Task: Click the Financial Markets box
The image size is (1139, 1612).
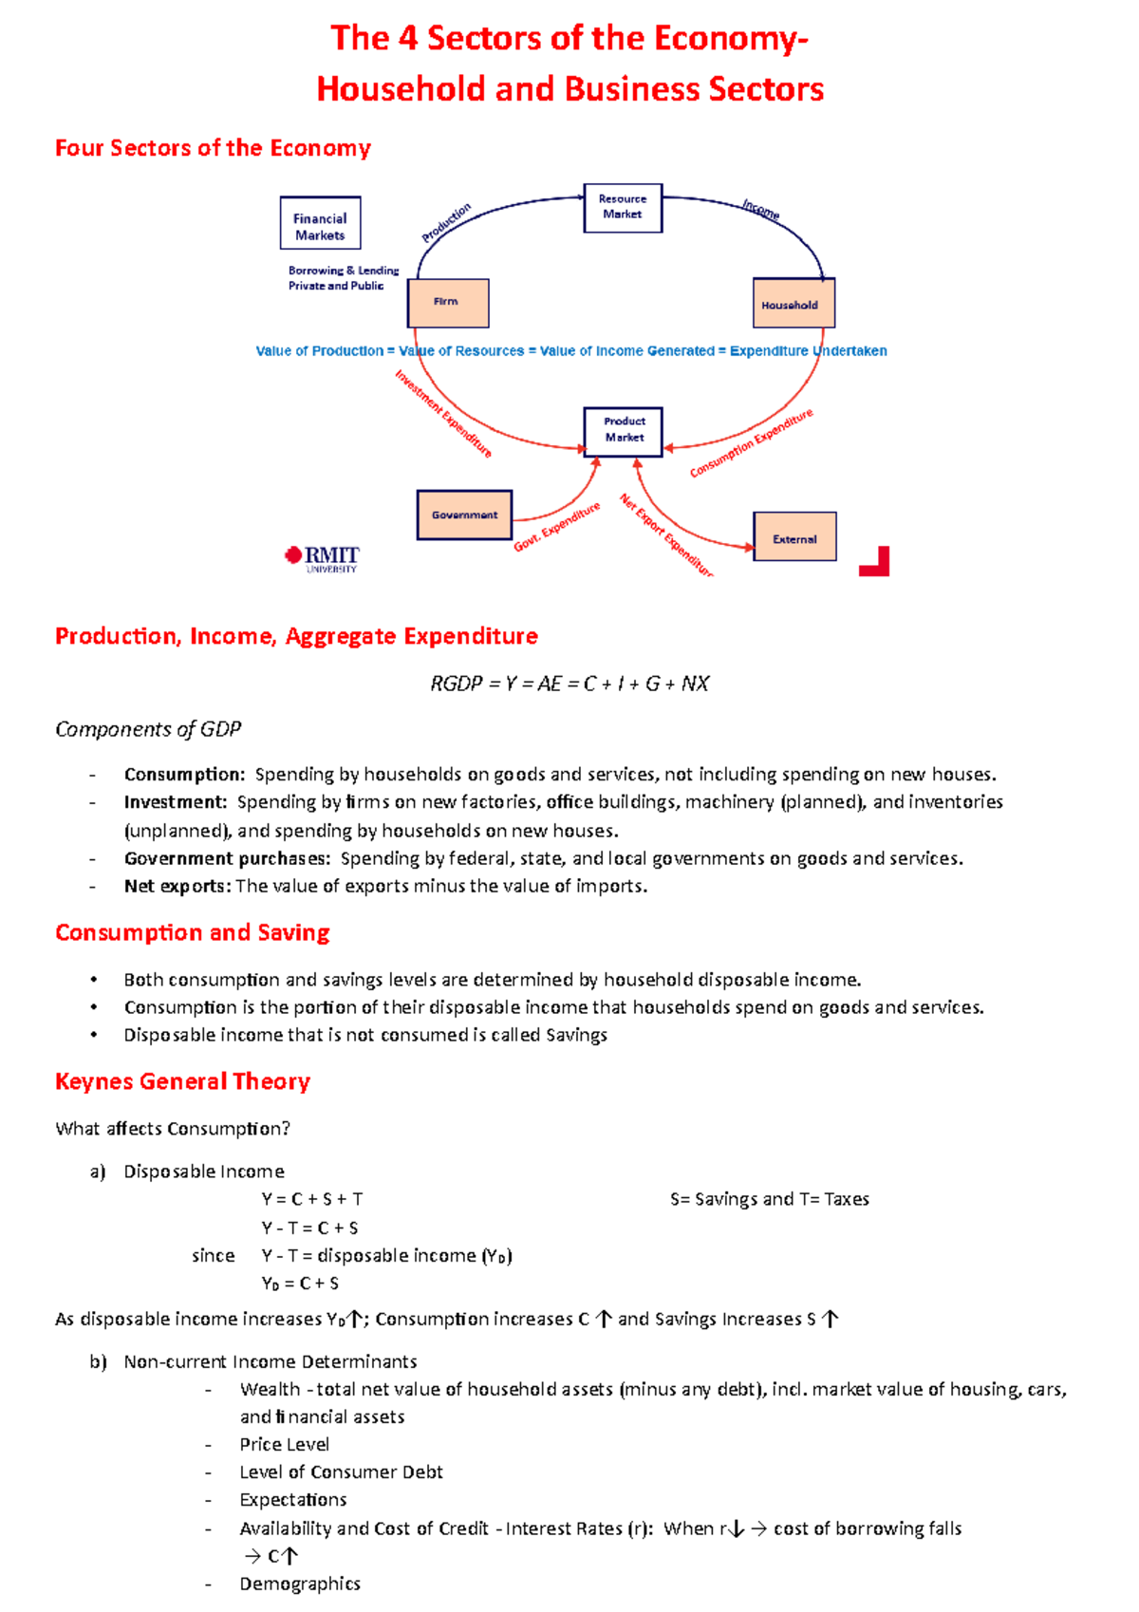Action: pyautogui.click(x=320, y=224)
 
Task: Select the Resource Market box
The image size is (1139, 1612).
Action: pyautogui.click(x=623, y=208)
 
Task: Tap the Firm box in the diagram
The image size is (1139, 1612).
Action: pyautogui.click(x=448, y=303)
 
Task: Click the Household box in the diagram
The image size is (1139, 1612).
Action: pyautogui.click(x=794, y=304)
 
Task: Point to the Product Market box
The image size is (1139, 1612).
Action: pyautogui.click(x=623, y=431)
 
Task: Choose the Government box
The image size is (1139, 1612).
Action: pyautogui.click(x=464, y=515)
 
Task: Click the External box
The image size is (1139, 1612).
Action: pyautogui.click(x=794, y=537)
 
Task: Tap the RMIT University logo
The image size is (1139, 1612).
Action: pyautogui.click(x=323, y=558)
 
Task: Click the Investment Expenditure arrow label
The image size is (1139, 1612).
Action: pyautogui.click(x=443, y=413)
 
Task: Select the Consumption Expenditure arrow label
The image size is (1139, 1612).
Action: pyautogui.click(x=751, y=443)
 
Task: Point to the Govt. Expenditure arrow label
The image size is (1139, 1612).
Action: pyautogui.click(x=557, y=527)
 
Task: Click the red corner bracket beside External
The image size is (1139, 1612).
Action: pyautogui.click(x=876, y=562)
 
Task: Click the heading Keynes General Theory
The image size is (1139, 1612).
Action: pyautogui.click(x=182, y=1081)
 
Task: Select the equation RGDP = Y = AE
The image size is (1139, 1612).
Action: pyautogui.click(x=569, y=684)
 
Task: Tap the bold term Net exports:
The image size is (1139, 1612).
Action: pyautogui.click(x=177, y=886)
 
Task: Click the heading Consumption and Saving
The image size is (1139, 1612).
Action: pyautogui.click(x=192, y=932)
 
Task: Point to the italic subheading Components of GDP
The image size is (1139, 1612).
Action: pyautogui.click(x=148, y=729)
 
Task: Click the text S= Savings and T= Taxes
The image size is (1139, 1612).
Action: pyautogui.click(x=769, y=1199)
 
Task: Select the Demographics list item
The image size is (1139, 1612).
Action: pyautogui.click(x=300, y=1584)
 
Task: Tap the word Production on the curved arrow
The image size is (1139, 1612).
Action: pyautogui.click(x=446, y=223)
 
